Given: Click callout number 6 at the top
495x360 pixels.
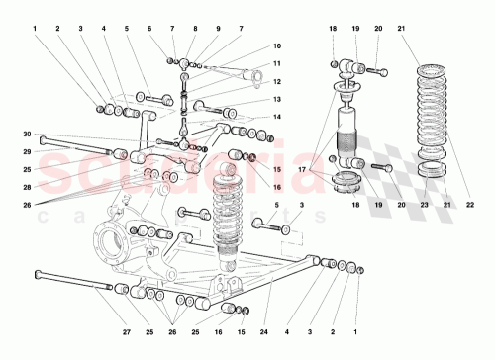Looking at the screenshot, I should [149, 29].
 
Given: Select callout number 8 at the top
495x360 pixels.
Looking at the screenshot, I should [194, 29].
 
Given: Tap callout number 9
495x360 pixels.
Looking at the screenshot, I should [217, 29].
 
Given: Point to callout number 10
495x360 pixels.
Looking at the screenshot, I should [278, 45].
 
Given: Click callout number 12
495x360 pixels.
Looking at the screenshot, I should [278, 81].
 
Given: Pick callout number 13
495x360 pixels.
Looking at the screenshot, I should [278, 99].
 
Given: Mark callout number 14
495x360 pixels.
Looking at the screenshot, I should [278, 117].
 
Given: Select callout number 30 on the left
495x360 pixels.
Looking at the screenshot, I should [28, 135].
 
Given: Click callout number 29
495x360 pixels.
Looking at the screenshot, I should [28, 151].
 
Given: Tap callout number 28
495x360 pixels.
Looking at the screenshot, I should [28, 187].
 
